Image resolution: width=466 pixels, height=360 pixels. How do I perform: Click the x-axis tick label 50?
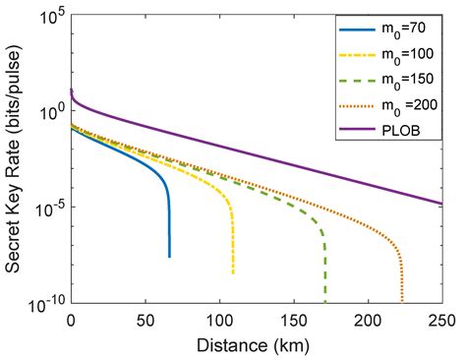coord(146,320)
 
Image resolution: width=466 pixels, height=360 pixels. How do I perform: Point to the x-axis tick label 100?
coord(219,320)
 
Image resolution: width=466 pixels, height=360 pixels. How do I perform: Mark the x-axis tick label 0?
coord(71,320)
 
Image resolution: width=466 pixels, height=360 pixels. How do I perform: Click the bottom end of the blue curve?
coord(169,257)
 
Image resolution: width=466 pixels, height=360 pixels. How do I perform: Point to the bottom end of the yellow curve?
coord(233,272)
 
